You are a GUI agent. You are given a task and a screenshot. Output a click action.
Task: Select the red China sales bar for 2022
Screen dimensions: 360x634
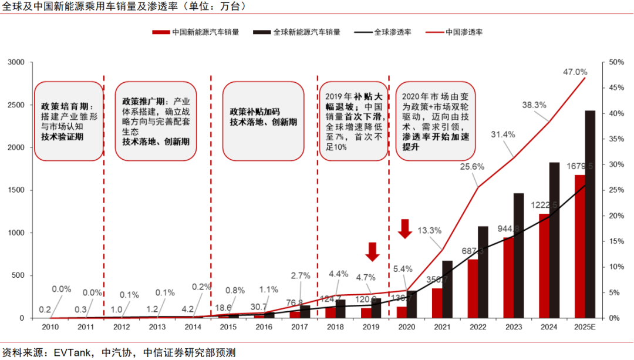[x=473, y=288]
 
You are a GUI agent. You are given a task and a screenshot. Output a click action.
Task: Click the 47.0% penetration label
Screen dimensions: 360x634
[x=575, y=72]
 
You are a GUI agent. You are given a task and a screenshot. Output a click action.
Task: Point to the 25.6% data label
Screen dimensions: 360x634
[x=472, y=166]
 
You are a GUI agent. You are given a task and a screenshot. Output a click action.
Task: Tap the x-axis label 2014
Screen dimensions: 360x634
[x=193, y=326]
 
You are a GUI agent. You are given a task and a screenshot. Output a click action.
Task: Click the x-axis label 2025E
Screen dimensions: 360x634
[x=585, y=326]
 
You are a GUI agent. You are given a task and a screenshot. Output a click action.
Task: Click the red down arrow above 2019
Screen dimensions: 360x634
[x=372, y=251]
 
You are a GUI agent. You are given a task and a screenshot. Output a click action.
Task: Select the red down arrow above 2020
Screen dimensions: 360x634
[x=406, y=228]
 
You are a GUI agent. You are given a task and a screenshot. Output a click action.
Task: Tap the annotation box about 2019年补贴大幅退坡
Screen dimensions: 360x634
[x=353, y=122]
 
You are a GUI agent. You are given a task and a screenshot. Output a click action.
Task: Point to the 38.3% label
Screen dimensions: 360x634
[x=534, y=105]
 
